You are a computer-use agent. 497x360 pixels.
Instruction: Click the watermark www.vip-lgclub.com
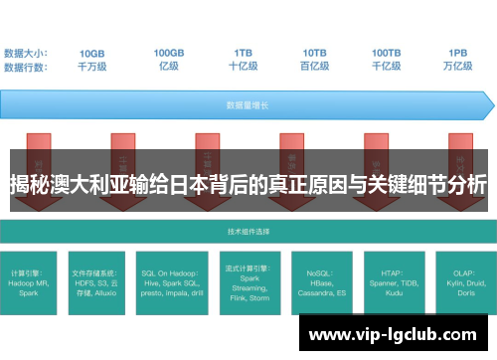(398, 334)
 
